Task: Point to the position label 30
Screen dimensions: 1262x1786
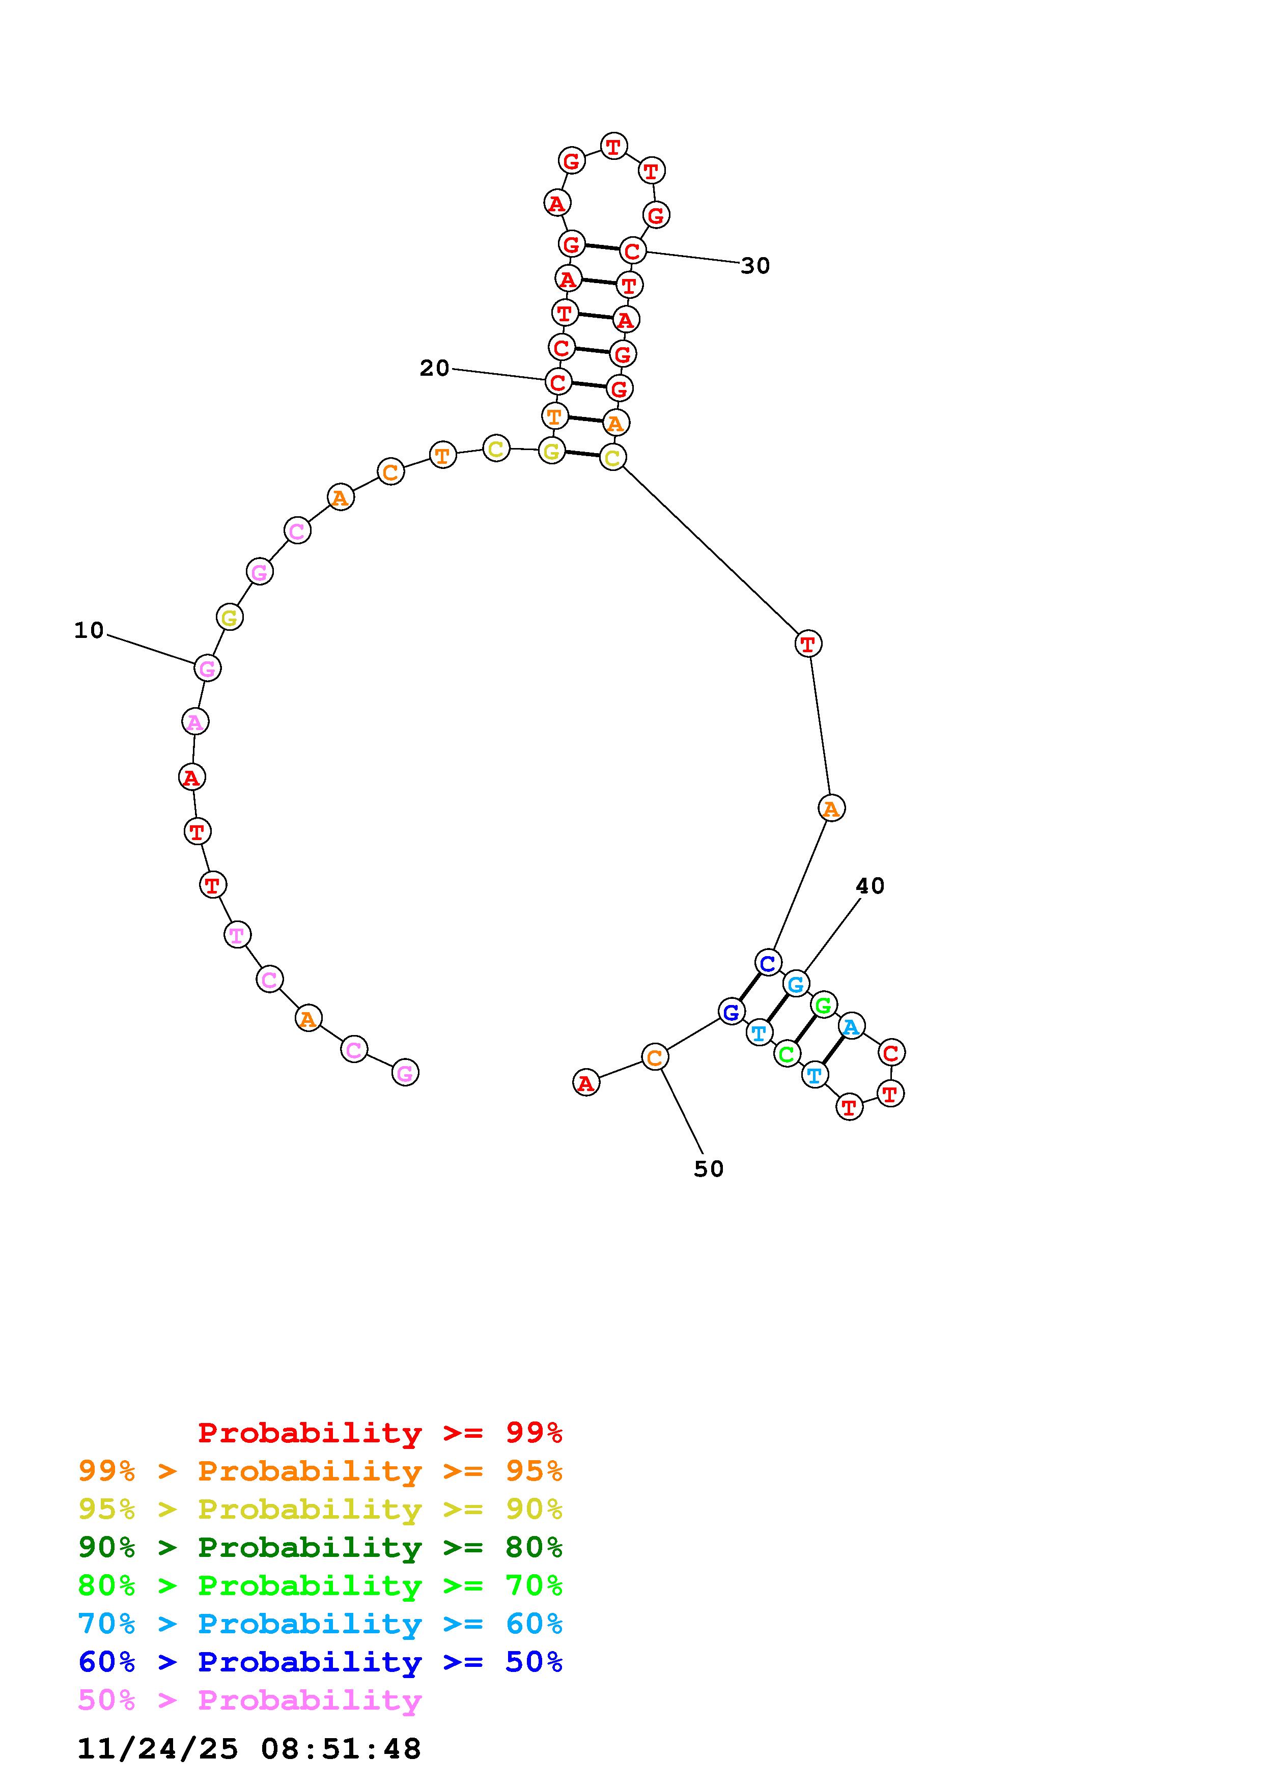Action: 755,266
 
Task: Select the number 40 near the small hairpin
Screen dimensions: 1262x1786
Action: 870,886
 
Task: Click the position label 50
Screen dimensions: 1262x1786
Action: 708,1169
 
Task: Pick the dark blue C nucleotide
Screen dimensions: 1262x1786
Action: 768,963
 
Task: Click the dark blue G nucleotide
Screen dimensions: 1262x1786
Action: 731,1012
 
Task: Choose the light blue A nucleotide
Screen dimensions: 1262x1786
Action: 852,1027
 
